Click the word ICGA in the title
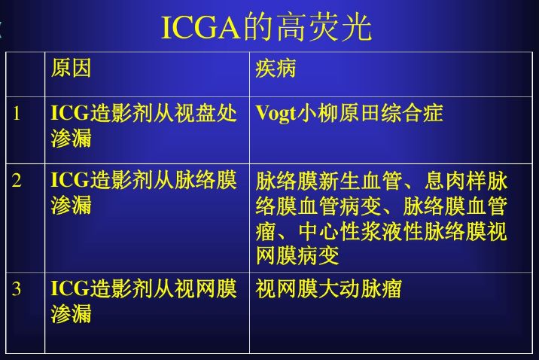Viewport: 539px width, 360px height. tap(201, 28)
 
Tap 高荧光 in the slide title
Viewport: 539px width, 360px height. tap(324, 28)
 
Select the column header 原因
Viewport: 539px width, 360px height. tap(71, 68)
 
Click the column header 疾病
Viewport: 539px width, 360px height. tap(276, 68)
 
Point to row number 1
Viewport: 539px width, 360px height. tap(16, 113)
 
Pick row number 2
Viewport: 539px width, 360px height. tap(16, 180)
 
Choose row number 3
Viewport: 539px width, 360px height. tap(16, 288)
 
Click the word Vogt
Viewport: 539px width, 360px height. tap(276, 114)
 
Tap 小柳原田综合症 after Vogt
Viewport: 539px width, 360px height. tap(370, 113)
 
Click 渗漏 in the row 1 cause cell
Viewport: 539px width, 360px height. tap(72, 138)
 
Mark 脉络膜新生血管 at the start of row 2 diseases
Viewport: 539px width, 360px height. tap(329, 181)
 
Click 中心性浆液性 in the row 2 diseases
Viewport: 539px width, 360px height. tap(361, 231)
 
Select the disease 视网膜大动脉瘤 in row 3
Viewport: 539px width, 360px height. tap(329, 288)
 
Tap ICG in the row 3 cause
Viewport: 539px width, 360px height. tap(70, 288)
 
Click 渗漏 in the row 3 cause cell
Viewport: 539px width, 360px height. tap(72, 313)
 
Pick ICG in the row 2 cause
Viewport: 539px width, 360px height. tap(70, 180)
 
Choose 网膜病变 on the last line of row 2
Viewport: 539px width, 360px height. tap(297, 256)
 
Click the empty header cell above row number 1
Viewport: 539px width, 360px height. tap(25, 75)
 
